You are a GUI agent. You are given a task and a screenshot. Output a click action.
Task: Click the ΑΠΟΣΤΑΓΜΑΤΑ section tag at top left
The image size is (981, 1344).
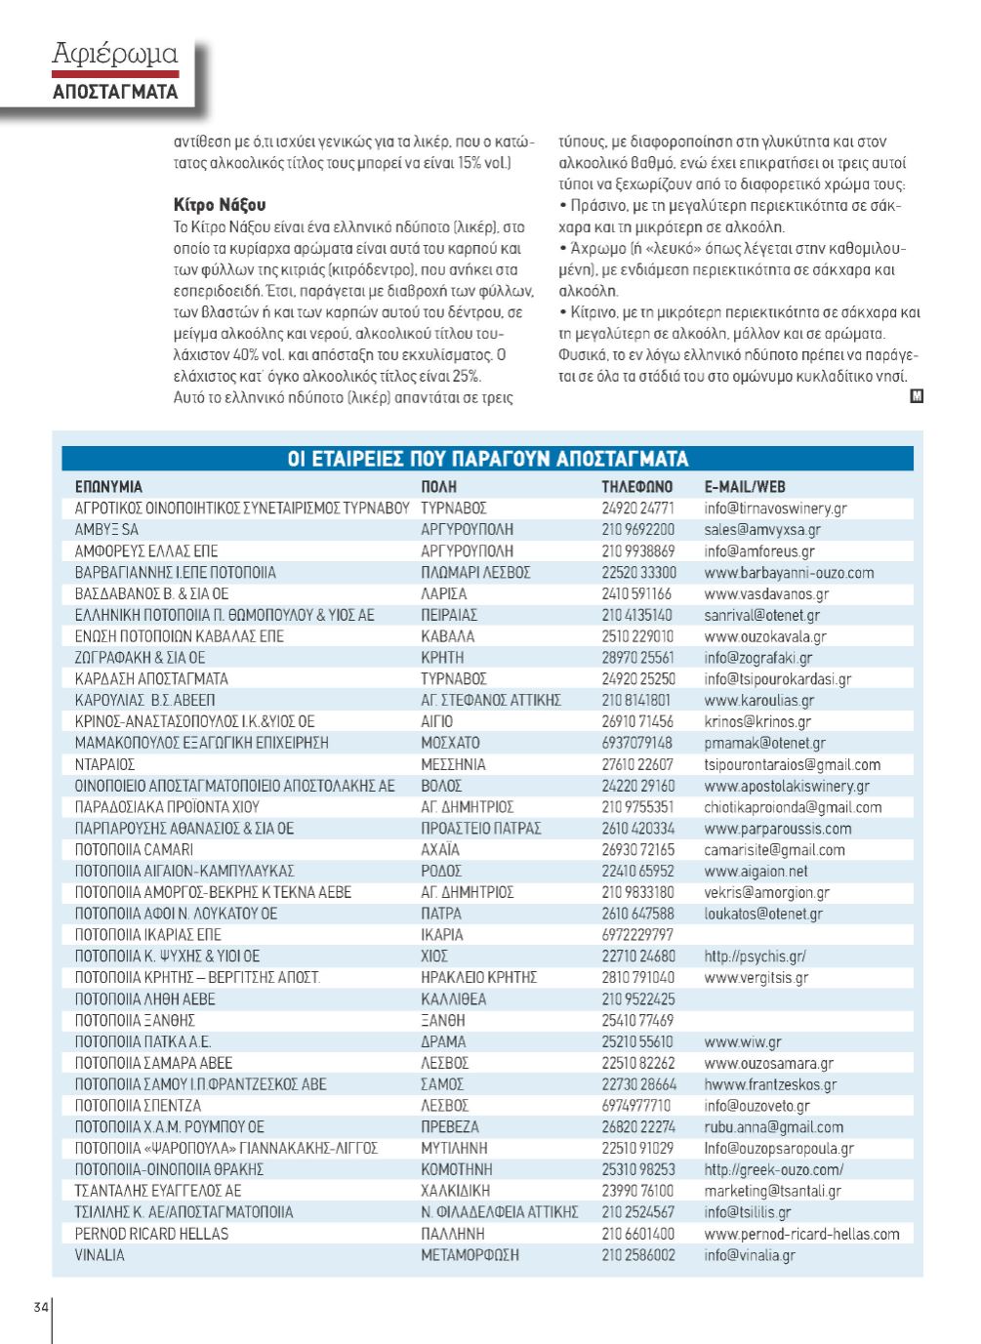click(x=114, y=92)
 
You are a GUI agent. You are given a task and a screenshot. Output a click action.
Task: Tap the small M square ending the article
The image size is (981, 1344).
click(x=916, y=396)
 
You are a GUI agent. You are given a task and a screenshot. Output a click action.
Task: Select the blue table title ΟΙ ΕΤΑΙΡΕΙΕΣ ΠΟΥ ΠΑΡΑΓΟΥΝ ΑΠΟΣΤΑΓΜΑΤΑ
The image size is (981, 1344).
click(x=488, y=459)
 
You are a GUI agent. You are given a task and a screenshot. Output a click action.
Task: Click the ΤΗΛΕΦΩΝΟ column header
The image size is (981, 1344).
click(x=636, y=486)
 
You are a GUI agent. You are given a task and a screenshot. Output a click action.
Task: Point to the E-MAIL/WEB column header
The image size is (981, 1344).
click(x=745, y=486)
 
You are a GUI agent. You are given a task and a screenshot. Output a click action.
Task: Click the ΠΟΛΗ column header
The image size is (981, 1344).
click(x=439, y=486)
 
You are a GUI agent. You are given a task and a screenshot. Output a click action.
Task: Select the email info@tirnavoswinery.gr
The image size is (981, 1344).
click(x=775, y=509)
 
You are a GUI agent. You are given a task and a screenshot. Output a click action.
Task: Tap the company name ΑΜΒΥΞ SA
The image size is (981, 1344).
click(x=106, y=530)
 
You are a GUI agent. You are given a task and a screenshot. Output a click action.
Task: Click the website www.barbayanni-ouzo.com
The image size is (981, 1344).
click(x=789, y=573)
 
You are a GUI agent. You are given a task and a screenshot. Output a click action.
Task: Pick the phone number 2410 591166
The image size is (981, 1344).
click(x=636, y=593)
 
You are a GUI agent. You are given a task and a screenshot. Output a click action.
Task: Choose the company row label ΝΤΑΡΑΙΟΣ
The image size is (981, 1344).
click(x=104, y=764)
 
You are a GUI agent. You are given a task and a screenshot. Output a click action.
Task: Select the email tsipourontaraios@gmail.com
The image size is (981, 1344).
click(x=792, y=764)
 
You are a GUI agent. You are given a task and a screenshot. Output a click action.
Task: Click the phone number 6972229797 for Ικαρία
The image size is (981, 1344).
click(x=637, y=935)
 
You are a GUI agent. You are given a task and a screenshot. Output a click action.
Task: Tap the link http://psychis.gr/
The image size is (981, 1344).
click(x=755, y=957)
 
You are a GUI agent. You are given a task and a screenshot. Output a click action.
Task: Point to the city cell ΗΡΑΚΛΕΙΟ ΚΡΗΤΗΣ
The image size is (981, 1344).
click(x=478, y=977)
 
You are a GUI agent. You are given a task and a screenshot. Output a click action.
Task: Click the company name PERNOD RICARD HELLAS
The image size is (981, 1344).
click(x=151, y=1234)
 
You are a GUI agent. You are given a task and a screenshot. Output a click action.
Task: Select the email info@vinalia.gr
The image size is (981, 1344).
click(x=749, y=1255)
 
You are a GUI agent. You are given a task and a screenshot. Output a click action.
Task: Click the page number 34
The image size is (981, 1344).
click(x=41, y=1307)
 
